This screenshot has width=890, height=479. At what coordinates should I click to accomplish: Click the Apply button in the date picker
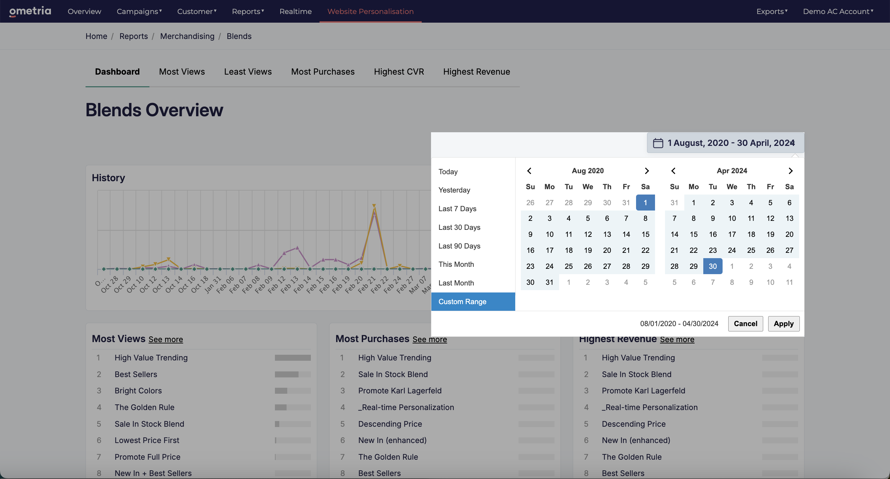[x=783, y=323]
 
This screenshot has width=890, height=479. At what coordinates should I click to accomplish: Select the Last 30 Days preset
[x=459, y=227]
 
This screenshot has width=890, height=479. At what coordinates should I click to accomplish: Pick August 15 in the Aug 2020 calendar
[x=645, y=234]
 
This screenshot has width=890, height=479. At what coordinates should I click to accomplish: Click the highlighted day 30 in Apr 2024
[x=712, y=266]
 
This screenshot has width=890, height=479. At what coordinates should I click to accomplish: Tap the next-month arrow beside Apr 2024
[x=790, y=171]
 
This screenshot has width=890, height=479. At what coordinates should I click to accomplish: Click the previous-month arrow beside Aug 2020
[x=529, y=171]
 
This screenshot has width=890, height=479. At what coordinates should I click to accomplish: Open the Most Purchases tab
[x=323, y=72]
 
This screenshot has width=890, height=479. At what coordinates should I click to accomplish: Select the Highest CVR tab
[x=399, y=72]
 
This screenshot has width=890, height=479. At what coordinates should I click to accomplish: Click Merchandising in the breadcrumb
[x=187, y=36]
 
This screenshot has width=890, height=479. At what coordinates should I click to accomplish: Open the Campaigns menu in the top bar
[x=139, y=11]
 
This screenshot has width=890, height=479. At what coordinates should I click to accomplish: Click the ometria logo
[x=30, y=11]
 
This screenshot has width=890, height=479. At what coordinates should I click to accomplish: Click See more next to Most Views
[x=166, y=339]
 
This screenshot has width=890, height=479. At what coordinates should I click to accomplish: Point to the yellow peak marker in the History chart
[x=374, y=206]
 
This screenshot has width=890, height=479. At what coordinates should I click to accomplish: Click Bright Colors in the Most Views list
[x=138, y=390]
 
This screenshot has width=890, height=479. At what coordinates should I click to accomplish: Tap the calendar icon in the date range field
[x=658, y=143]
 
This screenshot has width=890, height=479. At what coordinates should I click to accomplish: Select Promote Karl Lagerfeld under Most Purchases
[x=400, y=390]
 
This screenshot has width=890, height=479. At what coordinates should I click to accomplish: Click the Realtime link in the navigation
[x=296, y=11]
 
